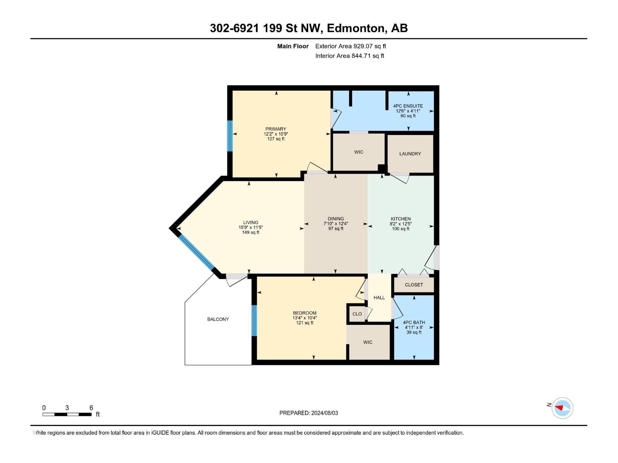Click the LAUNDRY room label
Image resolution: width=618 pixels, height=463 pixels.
click(x=410, y=154)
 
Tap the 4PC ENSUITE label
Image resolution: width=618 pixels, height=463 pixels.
click(x=408, y=106)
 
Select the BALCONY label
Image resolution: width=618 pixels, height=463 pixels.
click(x=218, y=319)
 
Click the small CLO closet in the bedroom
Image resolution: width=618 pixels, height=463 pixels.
click(x=357, y=314)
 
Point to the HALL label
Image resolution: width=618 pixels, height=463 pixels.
click(x=379, y=297)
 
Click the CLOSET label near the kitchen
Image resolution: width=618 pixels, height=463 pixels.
click(x=414, y=285)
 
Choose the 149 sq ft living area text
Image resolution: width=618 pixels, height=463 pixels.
click(x=251, y=232)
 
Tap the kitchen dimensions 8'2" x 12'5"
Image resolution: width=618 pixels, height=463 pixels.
click(x=401, y=224)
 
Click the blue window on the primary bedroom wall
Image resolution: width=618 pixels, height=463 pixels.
click(x=230, y=136)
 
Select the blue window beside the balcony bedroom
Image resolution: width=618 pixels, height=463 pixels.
click(x=254, y=321)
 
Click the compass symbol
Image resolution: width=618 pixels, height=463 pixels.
click(x=562, y=408)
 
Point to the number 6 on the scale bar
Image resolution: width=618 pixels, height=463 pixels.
click(x=91, y=408)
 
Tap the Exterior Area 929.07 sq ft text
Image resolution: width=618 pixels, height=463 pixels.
click(x=350, y=46)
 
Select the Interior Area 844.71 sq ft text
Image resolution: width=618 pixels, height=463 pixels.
click(x=350, y=56)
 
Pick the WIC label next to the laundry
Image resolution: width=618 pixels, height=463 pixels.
click(x=358, y=152)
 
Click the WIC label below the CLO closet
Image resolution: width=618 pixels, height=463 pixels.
click(x=367, y=342)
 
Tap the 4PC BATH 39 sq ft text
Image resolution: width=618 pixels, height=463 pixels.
click(x=414, y=332)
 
